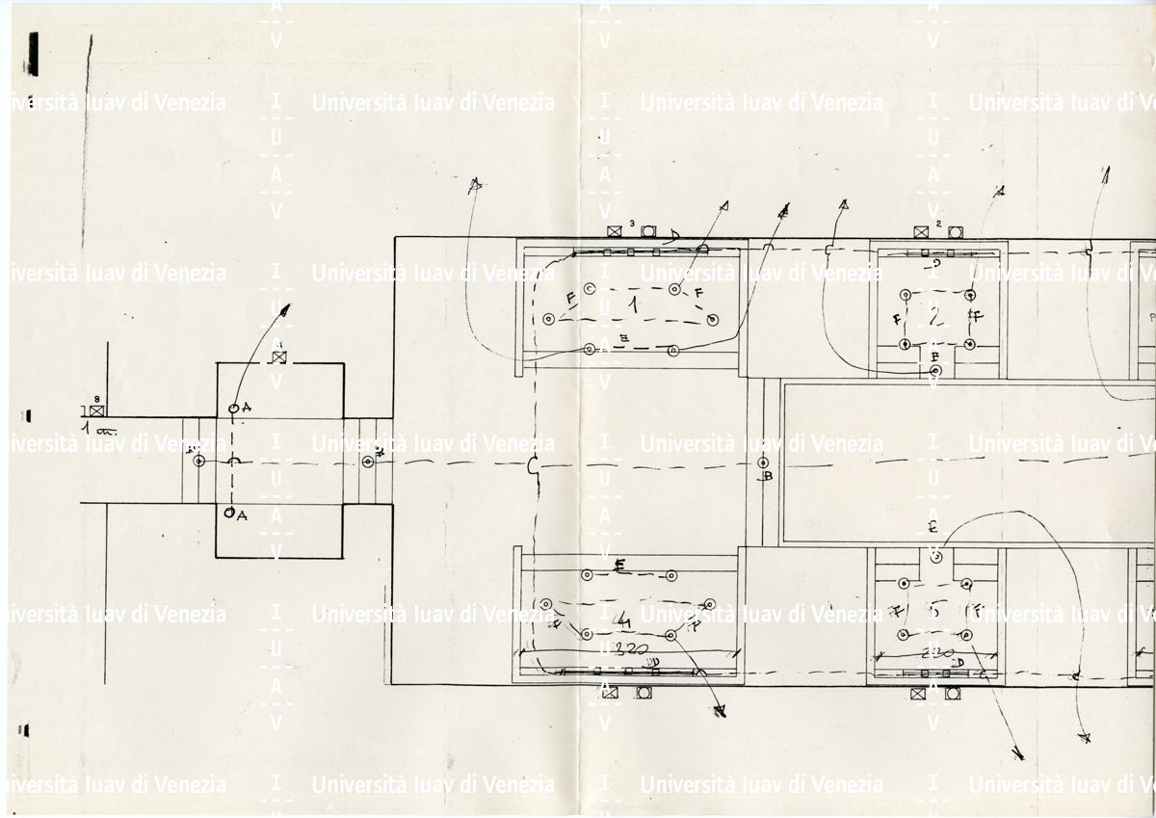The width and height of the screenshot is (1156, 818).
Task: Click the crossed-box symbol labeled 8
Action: coord(96,411)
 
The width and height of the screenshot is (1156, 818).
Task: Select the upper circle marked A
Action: coord(233,409)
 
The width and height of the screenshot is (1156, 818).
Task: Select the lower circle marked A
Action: coord(229,514)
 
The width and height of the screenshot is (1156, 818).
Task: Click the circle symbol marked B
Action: coord(764,462)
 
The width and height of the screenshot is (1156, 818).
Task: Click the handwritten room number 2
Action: coord(933,314)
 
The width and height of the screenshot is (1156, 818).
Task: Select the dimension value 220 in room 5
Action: coord(933,652)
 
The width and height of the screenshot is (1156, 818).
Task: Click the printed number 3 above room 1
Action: coord(632,224)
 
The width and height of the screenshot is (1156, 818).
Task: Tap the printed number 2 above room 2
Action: coord(938,224)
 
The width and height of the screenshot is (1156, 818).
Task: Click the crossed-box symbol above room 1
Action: coord(615,232)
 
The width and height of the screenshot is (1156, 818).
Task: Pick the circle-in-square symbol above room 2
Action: coord(955,232)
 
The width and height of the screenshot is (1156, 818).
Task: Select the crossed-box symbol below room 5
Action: coord(918,693)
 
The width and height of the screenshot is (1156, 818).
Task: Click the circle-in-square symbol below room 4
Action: coord(643,693)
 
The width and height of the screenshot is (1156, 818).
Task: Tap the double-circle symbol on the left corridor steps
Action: coord(199,462)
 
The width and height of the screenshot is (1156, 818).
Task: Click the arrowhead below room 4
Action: coord(718,712)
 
